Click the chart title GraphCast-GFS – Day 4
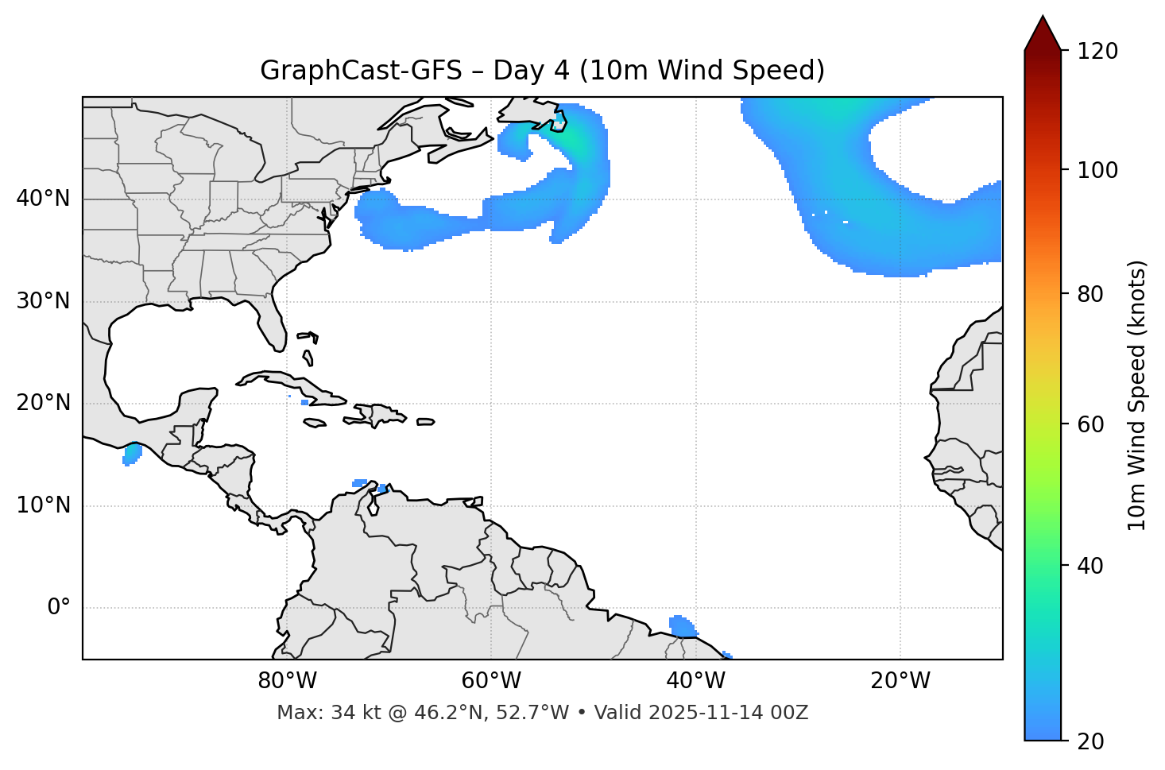tap(542, 71)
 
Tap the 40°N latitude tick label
tap(43, 199)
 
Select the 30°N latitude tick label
tap(43, 301)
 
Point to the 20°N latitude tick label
tap(43, 403)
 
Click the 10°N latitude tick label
tap(43, 505)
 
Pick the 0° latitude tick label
tap(59, 608)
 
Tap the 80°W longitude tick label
tap(287, 681)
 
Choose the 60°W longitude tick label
tap(491, 681)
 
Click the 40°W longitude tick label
tap(695, 681)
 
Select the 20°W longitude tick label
tap(900, 681)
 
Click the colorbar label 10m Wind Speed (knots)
tap(1137, 395)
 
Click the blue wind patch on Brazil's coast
tap(681, 626)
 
